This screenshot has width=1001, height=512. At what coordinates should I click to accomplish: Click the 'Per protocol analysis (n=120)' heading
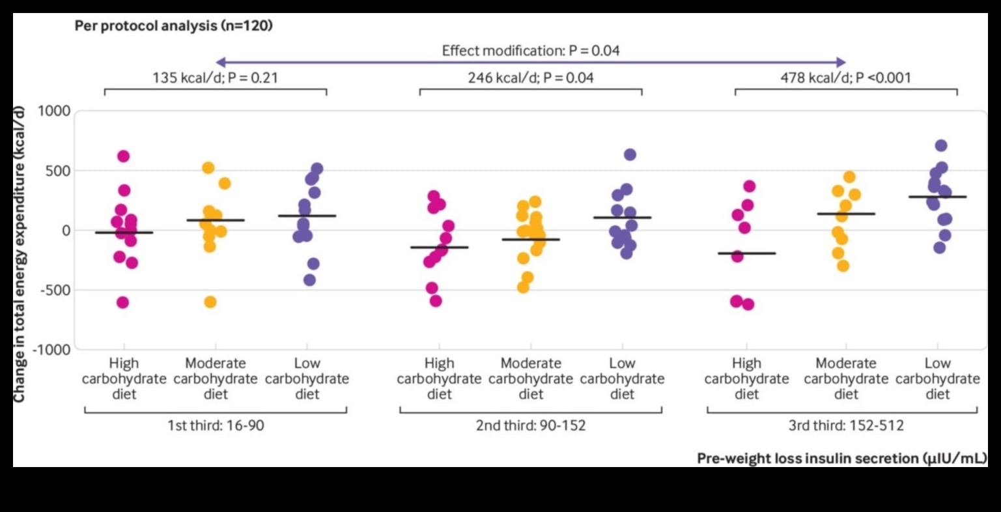click(x=173, y=26)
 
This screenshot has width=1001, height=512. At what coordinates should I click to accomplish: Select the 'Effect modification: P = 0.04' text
click(x=531, y=50)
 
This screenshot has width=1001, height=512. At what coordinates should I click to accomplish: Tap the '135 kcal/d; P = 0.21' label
click(x=215, y=78)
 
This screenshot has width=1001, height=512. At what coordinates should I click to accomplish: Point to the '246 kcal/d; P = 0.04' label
click(x=531, y=78)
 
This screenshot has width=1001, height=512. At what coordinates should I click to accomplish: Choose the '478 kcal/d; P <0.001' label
click(x=846, y=78)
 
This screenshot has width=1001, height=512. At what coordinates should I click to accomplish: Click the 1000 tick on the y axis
click(x=53, y=111)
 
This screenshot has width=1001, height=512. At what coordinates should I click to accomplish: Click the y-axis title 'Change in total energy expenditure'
click(x=19, y=254)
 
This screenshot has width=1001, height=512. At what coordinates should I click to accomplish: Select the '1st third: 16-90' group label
click(x=216, y=426)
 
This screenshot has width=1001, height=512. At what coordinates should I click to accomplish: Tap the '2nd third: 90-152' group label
click(x=531, y=426)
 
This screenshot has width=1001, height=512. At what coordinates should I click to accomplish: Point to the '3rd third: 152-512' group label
click(x=846, y=426)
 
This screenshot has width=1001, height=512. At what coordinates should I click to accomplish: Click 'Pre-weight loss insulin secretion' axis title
click(x=841, y=459)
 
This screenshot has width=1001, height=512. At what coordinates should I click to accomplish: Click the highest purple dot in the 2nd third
click(x=630, y=154)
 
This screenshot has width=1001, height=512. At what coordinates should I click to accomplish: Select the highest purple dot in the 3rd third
click(x=941, y=146)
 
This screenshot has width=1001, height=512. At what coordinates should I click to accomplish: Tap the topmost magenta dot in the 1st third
click(x=123, y=156)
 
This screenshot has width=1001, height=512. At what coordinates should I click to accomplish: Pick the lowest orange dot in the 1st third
click(x=210, y=302)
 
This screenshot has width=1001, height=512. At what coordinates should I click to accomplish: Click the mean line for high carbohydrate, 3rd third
click(x=746, y=253)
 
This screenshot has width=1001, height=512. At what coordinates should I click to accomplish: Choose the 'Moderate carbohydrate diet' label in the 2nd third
click(x=531, y=378)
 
